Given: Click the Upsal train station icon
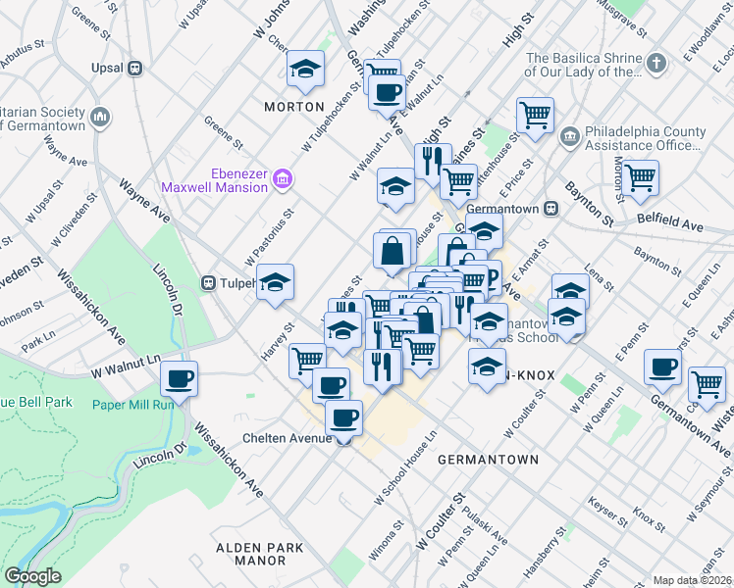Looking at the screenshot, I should pos(135,68).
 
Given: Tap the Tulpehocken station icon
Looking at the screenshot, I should pos(208,283).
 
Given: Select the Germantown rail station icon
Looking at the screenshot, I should pos(551,209).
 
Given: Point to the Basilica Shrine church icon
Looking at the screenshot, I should pos(657,64).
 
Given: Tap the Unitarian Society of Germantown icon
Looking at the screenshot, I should pos(100,119).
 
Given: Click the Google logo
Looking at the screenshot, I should pos(32,575).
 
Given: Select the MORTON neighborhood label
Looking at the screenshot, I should pos(293,106).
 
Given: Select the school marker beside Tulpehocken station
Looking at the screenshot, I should pos(276,281).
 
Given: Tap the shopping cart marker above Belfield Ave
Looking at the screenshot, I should pos(640,177).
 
